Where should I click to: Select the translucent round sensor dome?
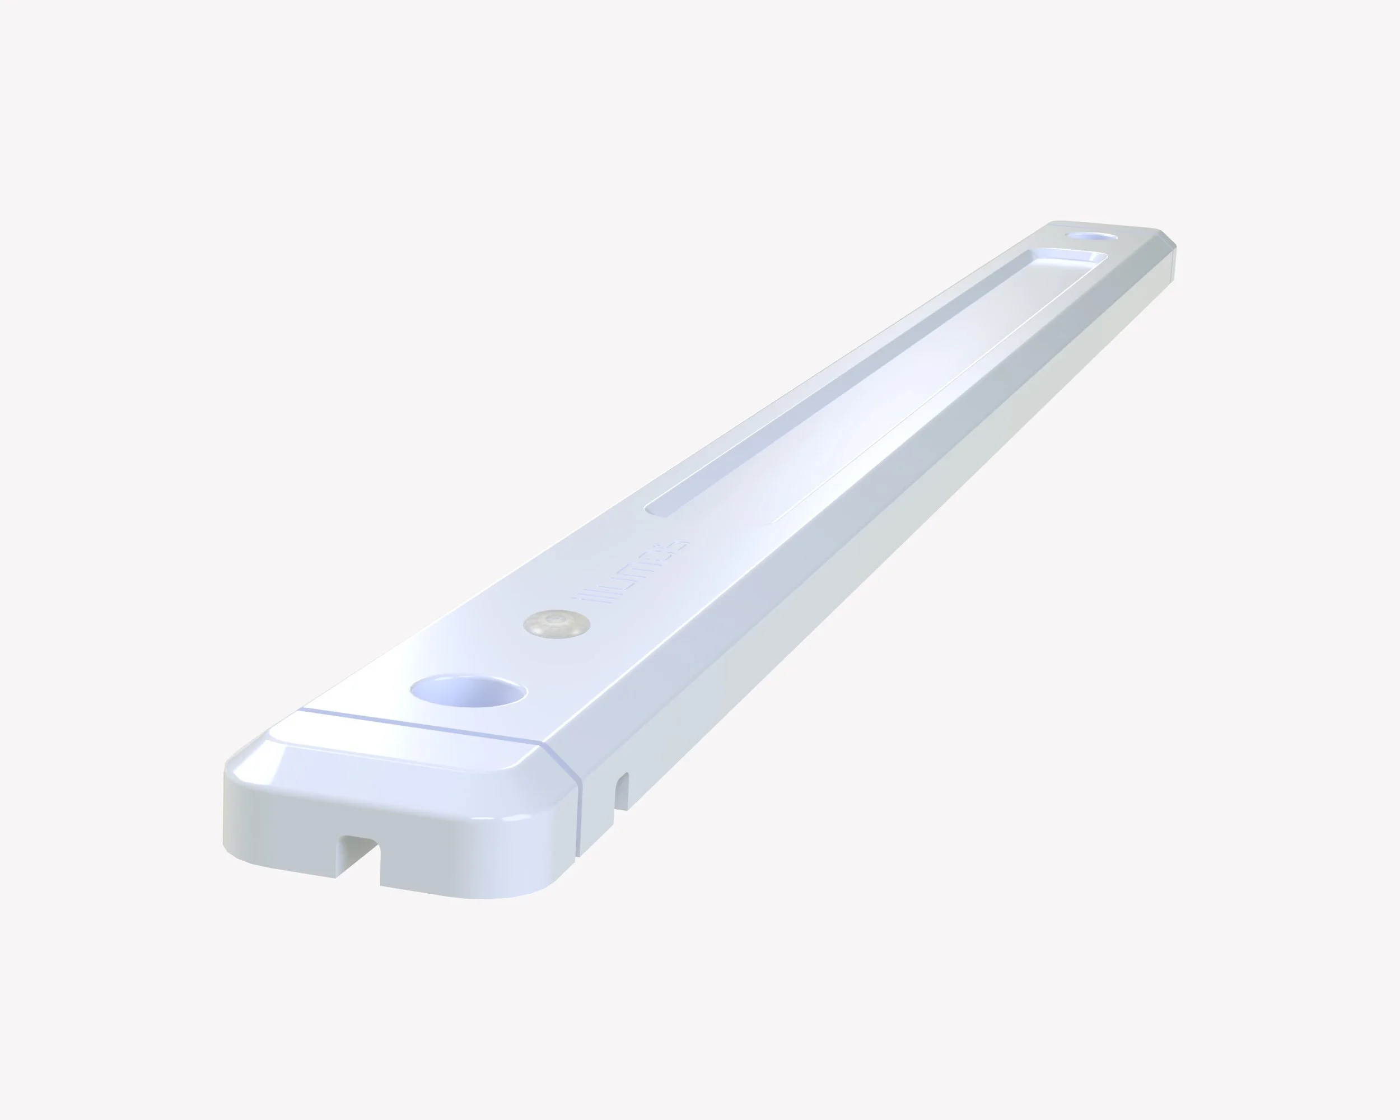(x=557, y=623)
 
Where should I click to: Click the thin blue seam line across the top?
(x=422, y=725)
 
